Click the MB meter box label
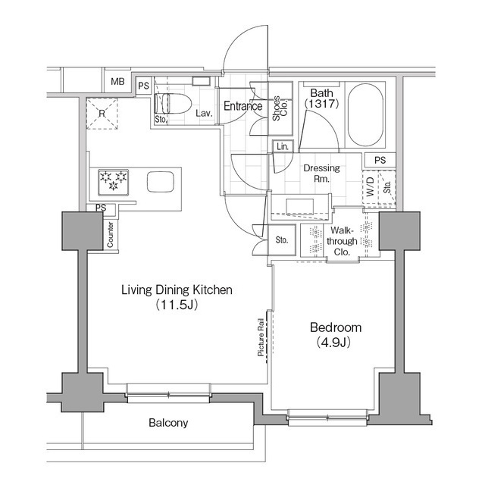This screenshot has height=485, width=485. pyautogui.click(x=117, y=82)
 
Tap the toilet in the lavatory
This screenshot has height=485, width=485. pyautogui.click(x=173, y=104)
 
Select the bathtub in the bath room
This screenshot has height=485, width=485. pyautogui.click(x=365, y=114)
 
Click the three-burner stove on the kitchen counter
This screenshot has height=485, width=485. pyautogui.click(x=113, y=183)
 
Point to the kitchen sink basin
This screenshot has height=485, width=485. pyautogui.click(x=161, y=182)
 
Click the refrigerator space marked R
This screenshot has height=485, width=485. pyautogui.click(x=102, y=114)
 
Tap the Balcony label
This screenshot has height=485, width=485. pyautogui.click(x=168, y=423)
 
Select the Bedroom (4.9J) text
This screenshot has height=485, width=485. pyautogui.click(x=335, y=335)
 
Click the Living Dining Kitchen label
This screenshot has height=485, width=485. pyautogui.click(x=177, y=289)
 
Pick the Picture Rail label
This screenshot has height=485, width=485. pyautogui.click(x=261, y=337)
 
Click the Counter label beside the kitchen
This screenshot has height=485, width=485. pyautogui.click(x=110, y=235)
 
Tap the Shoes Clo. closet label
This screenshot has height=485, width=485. pyautogui.click(x=280, y=108)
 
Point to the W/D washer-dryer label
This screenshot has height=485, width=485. pyautogui.click(x=371, y=187)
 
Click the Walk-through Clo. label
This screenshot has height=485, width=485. pyautogui.click(x=342, y=241)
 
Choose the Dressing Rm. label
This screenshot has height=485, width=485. pyautogui.click(x=321, y=174)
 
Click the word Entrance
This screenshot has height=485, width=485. pyautogui.click(x=243, y=106)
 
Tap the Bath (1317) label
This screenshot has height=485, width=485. pyautogui.click(x=321, y=99)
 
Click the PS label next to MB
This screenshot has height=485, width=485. pyautogui.click(x=143, y=86)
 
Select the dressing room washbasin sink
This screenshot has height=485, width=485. pyautogui.click(x=300, y=207)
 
